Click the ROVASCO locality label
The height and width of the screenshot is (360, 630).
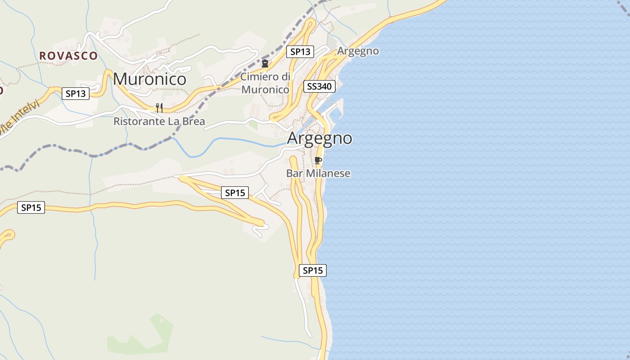pyautogui.click(x=68, y=56)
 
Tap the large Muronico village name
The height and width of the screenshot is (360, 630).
pyautogui.click(x=149, y=79)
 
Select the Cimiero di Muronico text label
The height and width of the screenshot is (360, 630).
pyautogui.click(x=265, y=83)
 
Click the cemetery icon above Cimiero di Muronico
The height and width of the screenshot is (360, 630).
pyautogui.click(x=265, y=63)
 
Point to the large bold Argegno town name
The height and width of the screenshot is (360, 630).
pyautogui.click(x=319, y=138)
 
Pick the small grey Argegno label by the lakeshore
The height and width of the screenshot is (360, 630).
pyautogui.click(x=358, y=51)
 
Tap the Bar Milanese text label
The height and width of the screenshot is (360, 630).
pyautogui.click(x=318, y=173)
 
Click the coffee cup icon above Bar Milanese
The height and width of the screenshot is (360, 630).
pyautogui.click(x=318, y=161)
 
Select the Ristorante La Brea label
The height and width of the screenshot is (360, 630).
pyautogui.click(x=159, y=121)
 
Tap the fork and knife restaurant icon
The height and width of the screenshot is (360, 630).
pyautogui.click(x=159, y=108)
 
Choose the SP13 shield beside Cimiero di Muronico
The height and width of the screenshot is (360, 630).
pyautogui.click(x=300, y=52)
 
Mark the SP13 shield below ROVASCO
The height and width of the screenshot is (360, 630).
pyautogui.click(x=75, y=94)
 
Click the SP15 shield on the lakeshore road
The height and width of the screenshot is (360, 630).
pyautogui.click(x=312, y=270)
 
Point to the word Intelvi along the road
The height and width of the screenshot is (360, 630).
pyautogui.click(x=26, y=114)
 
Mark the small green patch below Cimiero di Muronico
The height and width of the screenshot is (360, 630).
pyautogui.click(x=253, y=125)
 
